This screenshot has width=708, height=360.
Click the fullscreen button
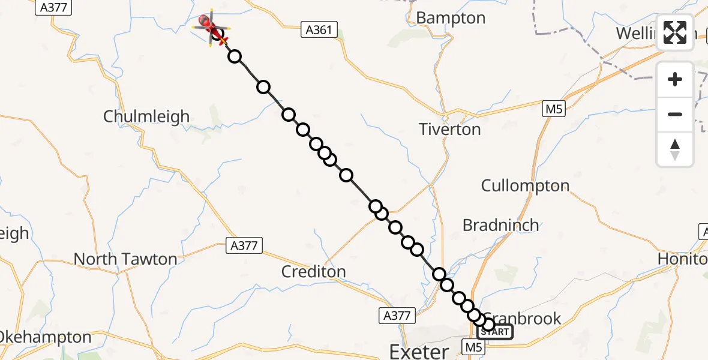pos(675,32)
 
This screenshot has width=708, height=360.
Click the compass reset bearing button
pos(675,149)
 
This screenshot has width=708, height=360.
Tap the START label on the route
pos(495,332)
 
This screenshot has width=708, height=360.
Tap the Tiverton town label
pos(450,129)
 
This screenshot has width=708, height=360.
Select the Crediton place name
pos(314,271)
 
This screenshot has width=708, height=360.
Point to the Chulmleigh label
pos(146,116)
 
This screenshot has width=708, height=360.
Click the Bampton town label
pos(451,18)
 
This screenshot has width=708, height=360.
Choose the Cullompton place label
pos(525,185)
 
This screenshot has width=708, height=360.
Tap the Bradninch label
pos(500,225)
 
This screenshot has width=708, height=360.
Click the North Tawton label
pos(125,259)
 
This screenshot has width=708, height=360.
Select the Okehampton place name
pos(46,337)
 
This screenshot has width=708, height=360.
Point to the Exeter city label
pos(419,351)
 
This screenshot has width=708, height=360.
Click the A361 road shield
pos(319,29)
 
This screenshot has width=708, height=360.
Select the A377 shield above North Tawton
pos(243,245)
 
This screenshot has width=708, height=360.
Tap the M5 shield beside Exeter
pos(472,346)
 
